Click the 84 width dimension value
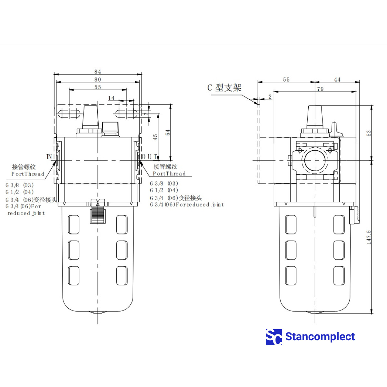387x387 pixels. pos(98,72)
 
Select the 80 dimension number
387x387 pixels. pos(98,79)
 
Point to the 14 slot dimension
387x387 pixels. pos(111,98)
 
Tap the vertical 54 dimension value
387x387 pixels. pos(168,133)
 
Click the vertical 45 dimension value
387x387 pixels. pos(155,137)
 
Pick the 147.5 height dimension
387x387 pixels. pos(369,237)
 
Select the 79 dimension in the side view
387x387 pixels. pos(320,89)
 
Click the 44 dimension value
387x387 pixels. pos(337,79)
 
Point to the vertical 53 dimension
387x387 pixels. pos(369,133)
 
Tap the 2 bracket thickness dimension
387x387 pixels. pos(270,96)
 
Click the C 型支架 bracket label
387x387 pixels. pos(224,88)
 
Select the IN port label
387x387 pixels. pos(49,157)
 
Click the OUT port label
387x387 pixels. pos(149,157)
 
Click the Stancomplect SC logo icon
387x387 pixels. pos(274,337)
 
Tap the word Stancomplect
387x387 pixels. pos(320,337)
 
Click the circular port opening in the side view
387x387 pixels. pos(315,160)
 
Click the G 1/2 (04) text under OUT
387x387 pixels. pos(164,190)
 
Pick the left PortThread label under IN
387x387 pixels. pos(28,174)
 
